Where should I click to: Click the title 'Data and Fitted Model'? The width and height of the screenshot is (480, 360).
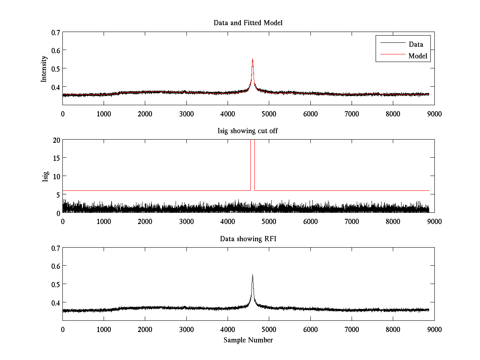point(248,23)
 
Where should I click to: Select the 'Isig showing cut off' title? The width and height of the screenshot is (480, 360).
point(248,131)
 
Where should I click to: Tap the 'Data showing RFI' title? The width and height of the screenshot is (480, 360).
point(248,239)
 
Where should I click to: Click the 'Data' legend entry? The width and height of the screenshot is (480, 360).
point(416,44)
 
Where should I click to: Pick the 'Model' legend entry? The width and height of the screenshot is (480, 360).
point(418,56)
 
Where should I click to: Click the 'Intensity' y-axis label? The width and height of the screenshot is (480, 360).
point(44,68)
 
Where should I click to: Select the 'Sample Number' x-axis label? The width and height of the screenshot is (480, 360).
point(248,340)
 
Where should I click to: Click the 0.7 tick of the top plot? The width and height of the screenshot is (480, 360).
point(56,32)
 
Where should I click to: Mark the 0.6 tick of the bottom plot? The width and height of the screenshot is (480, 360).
point(56,266)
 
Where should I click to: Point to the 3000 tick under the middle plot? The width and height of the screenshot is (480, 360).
point(186,221)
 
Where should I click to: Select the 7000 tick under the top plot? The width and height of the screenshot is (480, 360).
point(352,114)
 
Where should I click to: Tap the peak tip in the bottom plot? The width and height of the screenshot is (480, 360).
point(252,275)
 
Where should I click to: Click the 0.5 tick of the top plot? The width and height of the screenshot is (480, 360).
point(56,68)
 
